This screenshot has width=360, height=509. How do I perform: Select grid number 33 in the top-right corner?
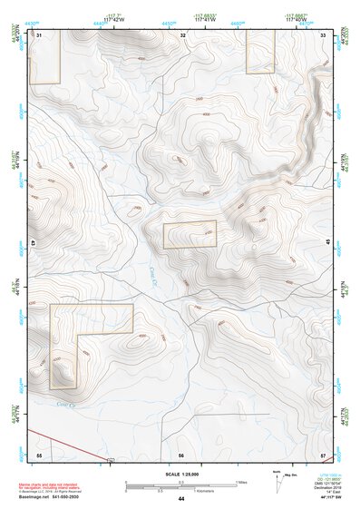(324, 34)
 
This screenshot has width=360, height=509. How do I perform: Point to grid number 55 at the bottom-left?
(40, 454)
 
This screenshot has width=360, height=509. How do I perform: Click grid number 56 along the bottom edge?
(181, 454)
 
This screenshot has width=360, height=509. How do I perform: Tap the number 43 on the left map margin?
(33, 243)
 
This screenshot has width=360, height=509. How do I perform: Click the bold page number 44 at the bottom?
(180, 500)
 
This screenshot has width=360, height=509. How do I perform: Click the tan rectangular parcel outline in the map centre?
(190, 235)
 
